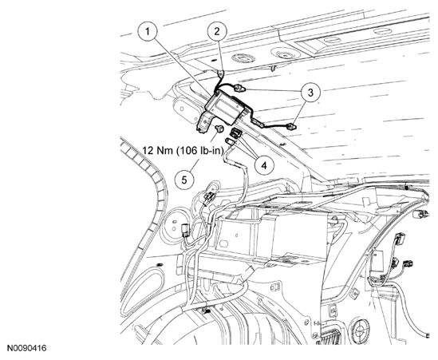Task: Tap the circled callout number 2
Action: (217, 32)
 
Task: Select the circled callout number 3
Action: (310, 93)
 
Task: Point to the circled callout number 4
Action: (264, 165)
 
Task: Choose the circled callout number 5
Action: (184, 180)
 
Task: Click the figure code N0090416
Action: (27, 348)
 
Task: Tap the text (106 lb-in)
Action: (200, 151)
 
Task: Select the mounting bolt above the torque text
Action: (220, 129)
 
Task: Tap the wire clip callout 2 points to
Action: (221, 73)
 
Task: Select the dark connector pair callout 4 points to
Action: (236, 133)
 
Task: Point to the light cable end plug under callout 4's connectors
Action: (230, 141)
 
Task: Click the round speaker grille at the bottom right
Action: (361, 329)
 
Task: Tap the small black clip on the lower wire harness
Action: (206, 311)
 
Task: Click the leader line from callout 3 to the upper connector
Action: (273, 90)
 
